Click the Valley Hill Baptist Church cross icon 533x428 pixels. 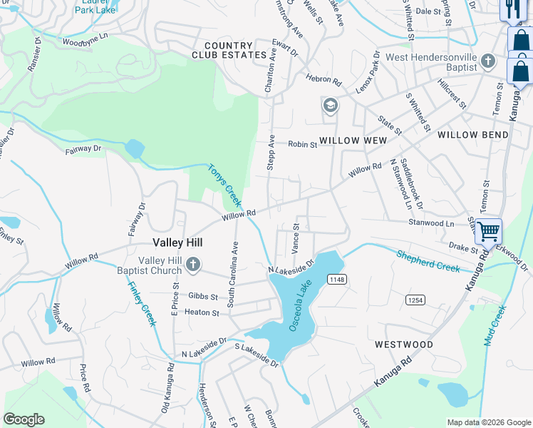pyautogui.click(x=192, y=266)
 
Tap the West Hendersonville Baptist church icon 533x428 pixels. pyautogui.click(x=488, y=61)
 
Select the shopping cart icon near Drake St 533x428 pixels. pyautogui.click(x=488, y=231)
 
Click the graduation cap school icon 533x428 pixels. pyautogui.click(x=329, y=106)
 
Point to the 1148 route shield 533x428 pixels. pyautogui.click(x=337, y=280)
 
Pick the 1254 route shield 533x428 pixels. pyautogui.click(x=416, y=300)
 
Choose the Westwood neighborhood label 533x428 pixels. pyautogui.click(x=403, y=345)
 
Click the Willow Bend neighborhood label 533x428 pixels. pyautogui.click(x=472, y=135)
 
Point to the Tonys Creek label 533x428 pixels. pyautogui.click(x=224, y=182)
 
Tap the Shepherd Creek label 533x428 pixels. pyautogui.click(x=428, y=260)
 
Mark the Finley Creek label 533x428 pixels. pyautogui.click(x=142, y=304)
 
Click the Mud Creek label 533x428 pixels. pyautogui.click(x=495, y=325)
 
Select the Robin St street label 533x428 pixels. pyautogui.click(x=302, y=145)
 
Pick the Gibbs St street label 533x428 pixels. pyautogui.click(x=203, y=295)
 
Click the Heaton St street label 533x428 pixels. pyautogui.click(x=201, y=312)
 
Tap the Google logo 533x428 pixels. pyautogui.click(x=24, y=419)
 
